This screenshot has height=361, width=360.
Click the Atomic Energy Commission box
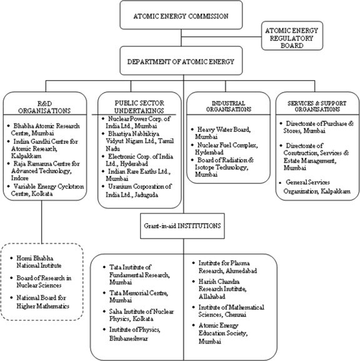click(x=181, y=15)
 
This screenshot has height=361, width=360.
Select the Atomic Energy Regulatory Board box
click(x=292, y=36)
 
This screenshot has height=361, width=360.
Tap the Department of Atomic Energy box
click(x=181, y=61)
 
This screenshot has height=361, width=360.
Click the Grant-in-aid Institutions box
click(x=182, y=226)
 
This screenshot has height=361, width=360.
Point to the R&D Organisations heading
click(x=44, y=107)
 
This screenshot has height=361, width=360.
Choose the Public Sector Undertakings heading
click(x=139, y=107)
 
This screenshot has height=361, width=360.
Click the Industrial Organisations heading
click(x=228, y=106)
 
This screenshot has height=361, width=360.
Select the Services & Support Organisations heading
click(x=317, y=106)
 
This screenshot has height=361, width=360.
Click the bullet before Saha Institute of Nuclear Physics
click(x=104, y=312)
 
